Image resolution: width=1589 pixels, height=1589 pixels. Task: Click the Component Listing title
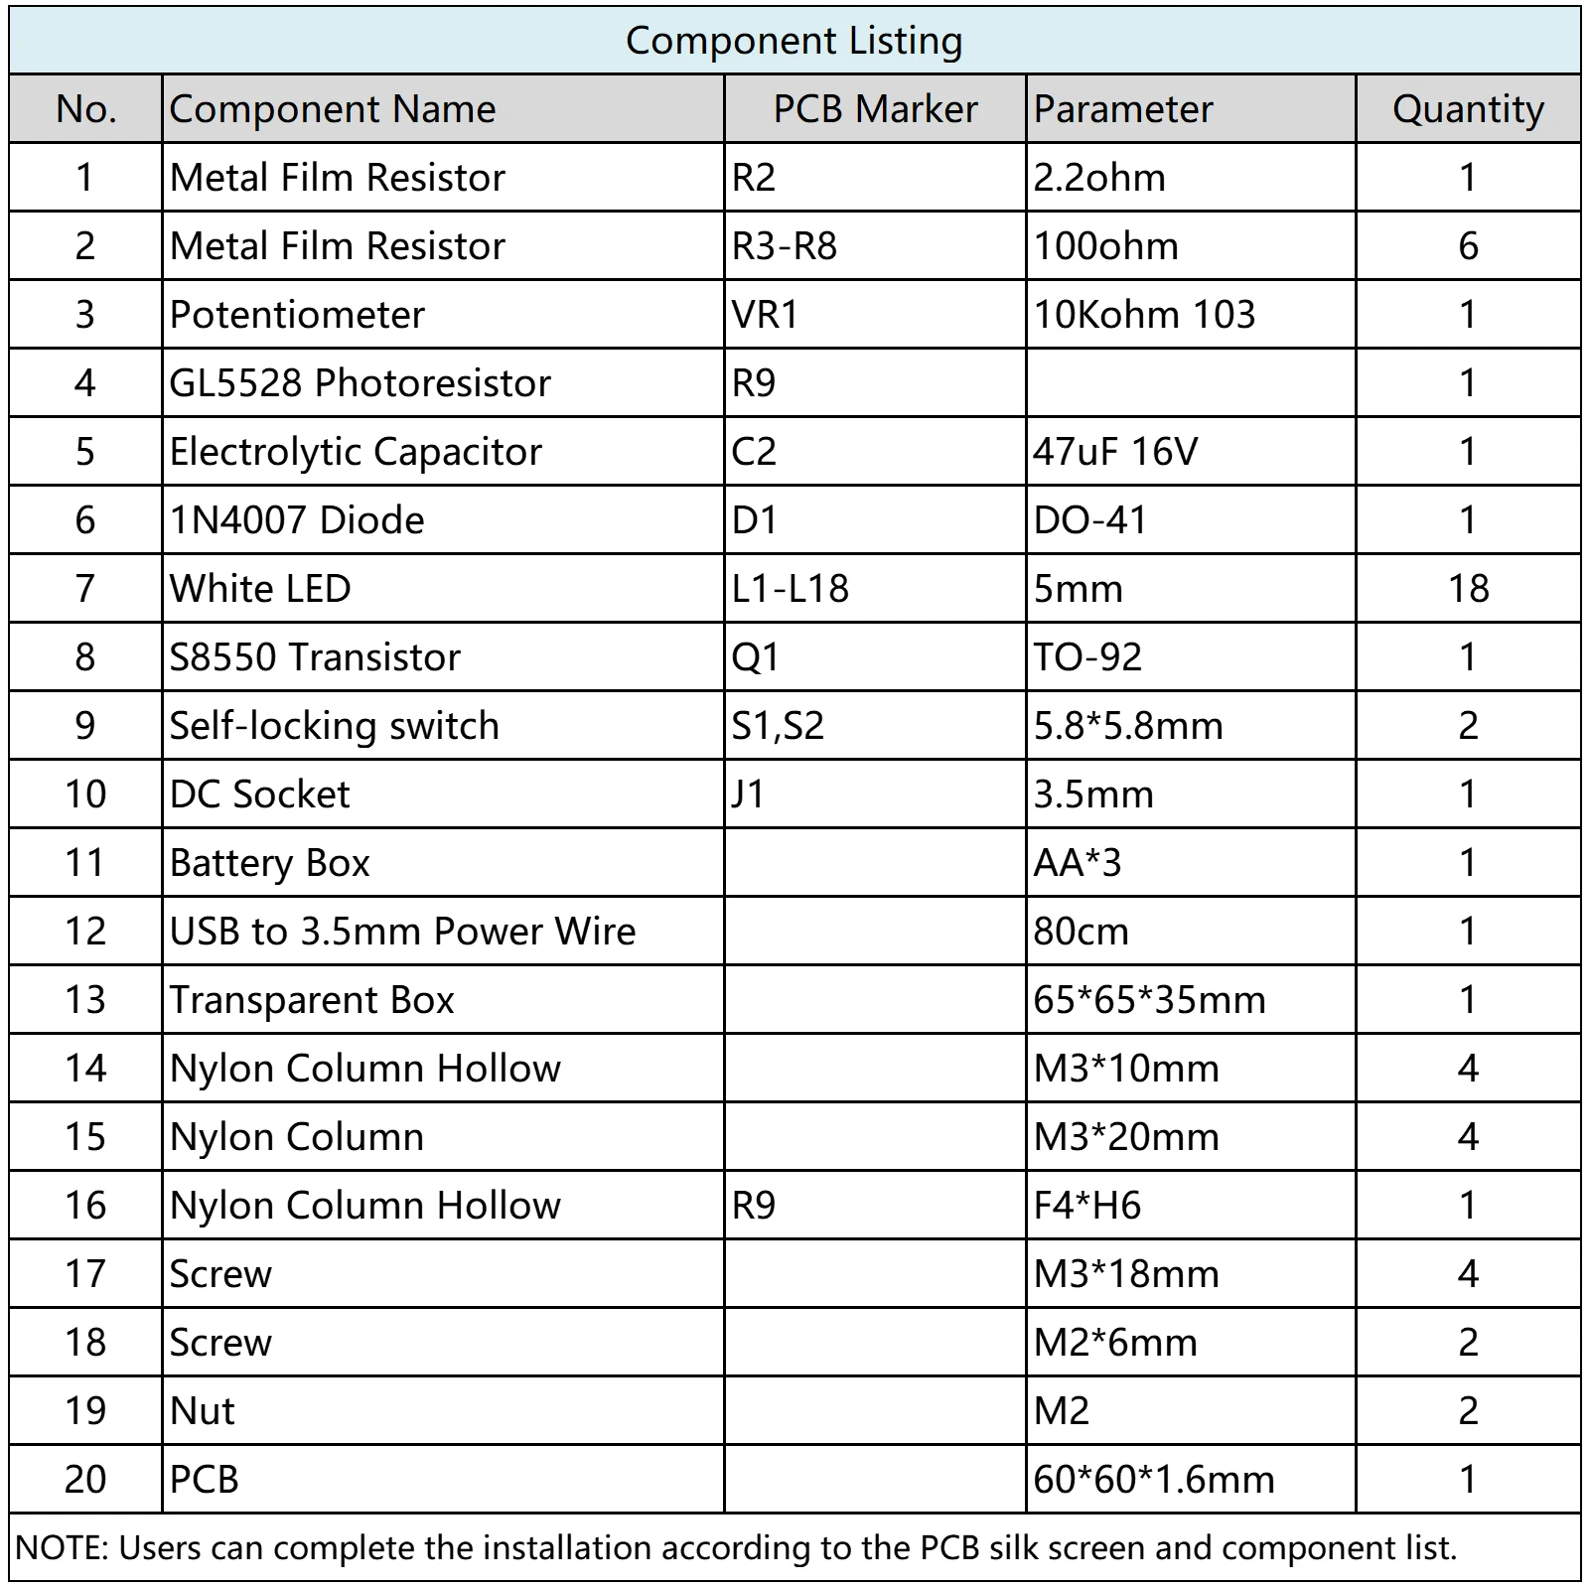click(794, 41)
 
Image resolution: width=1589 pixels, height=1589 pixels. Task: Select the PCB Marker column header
click(875, 108)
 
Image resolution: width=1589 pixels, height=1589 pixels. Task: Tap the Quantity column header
click(1468, 108)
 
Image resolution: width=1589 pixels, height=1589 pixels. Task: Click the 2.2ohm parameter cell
click(1099, 178)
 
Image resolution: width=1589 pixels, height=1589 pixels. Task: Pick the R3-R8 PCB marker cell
click(785, 246)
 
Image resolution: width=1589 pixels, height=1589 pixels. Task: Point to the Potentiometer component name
click(297, 315)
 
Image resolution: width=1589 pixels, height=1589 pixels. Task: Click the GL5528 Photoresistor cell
click(360, 383)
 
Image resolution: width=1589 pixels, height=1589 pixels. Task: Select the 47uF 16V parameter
click(1115, 452)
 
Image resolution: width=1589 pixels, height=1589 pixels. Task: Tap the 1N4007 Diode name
click(297, 520)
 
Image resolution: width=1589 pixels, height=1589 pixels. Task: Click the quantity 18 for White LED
click(1468, 589)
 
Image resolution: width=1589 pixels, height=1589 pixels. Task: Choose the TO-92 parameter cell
click(1087, 657)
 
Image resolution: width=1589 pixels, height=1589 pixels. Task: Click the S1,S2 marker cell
click(778, 726)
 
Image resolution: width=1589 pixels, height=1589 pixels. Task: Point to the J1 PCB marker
click(748, 794)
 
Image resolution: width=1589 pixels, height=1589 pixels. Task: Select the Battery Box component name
click(269, 863)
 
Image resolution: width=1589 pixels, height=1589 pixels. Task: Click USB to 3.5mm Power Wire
click(402, 932)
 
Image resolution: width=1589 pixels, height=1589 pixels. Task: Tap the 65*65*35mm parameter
click(1149, 1000)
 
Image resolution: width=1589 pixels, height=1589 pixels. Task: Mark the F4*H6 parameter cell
click(1087, 1206)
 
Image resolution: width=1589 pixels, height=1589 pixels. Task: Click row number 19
click(85, 1411)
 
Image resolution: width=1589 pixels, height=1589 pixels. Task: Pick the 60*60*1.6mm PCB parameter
click(1153, 1480)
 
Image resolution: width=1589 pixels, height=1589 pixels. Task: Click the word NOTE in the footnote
click(61, 1548)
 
